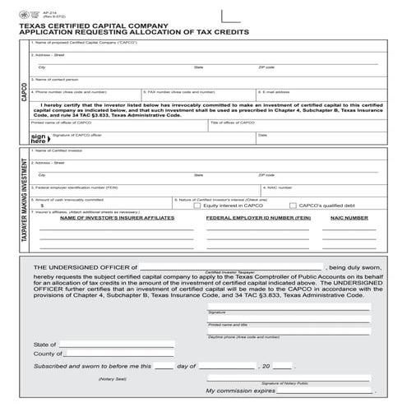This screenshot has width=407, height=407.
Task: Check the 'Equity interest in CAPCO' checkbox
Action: click(197, 206)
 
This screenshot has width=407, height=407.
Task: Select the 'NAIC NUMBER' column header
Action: click(349, 218)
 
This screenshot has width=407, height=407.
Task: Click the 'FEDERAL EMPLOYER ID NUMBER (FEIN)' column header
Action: click(257, 218)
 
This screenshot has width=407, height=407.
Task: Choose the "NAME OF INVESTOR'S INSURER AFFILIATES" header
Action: click(117, 218)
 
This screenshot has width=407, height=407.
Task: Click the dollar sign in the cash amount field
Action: click(42, 206)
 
